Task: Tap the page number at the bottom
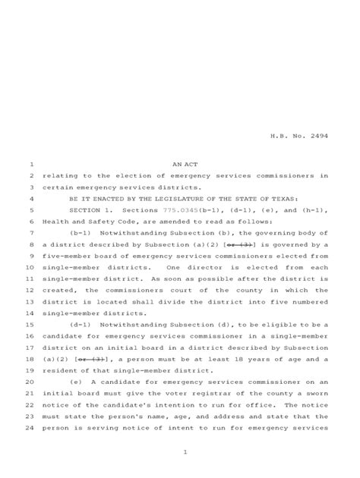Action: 185,454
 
